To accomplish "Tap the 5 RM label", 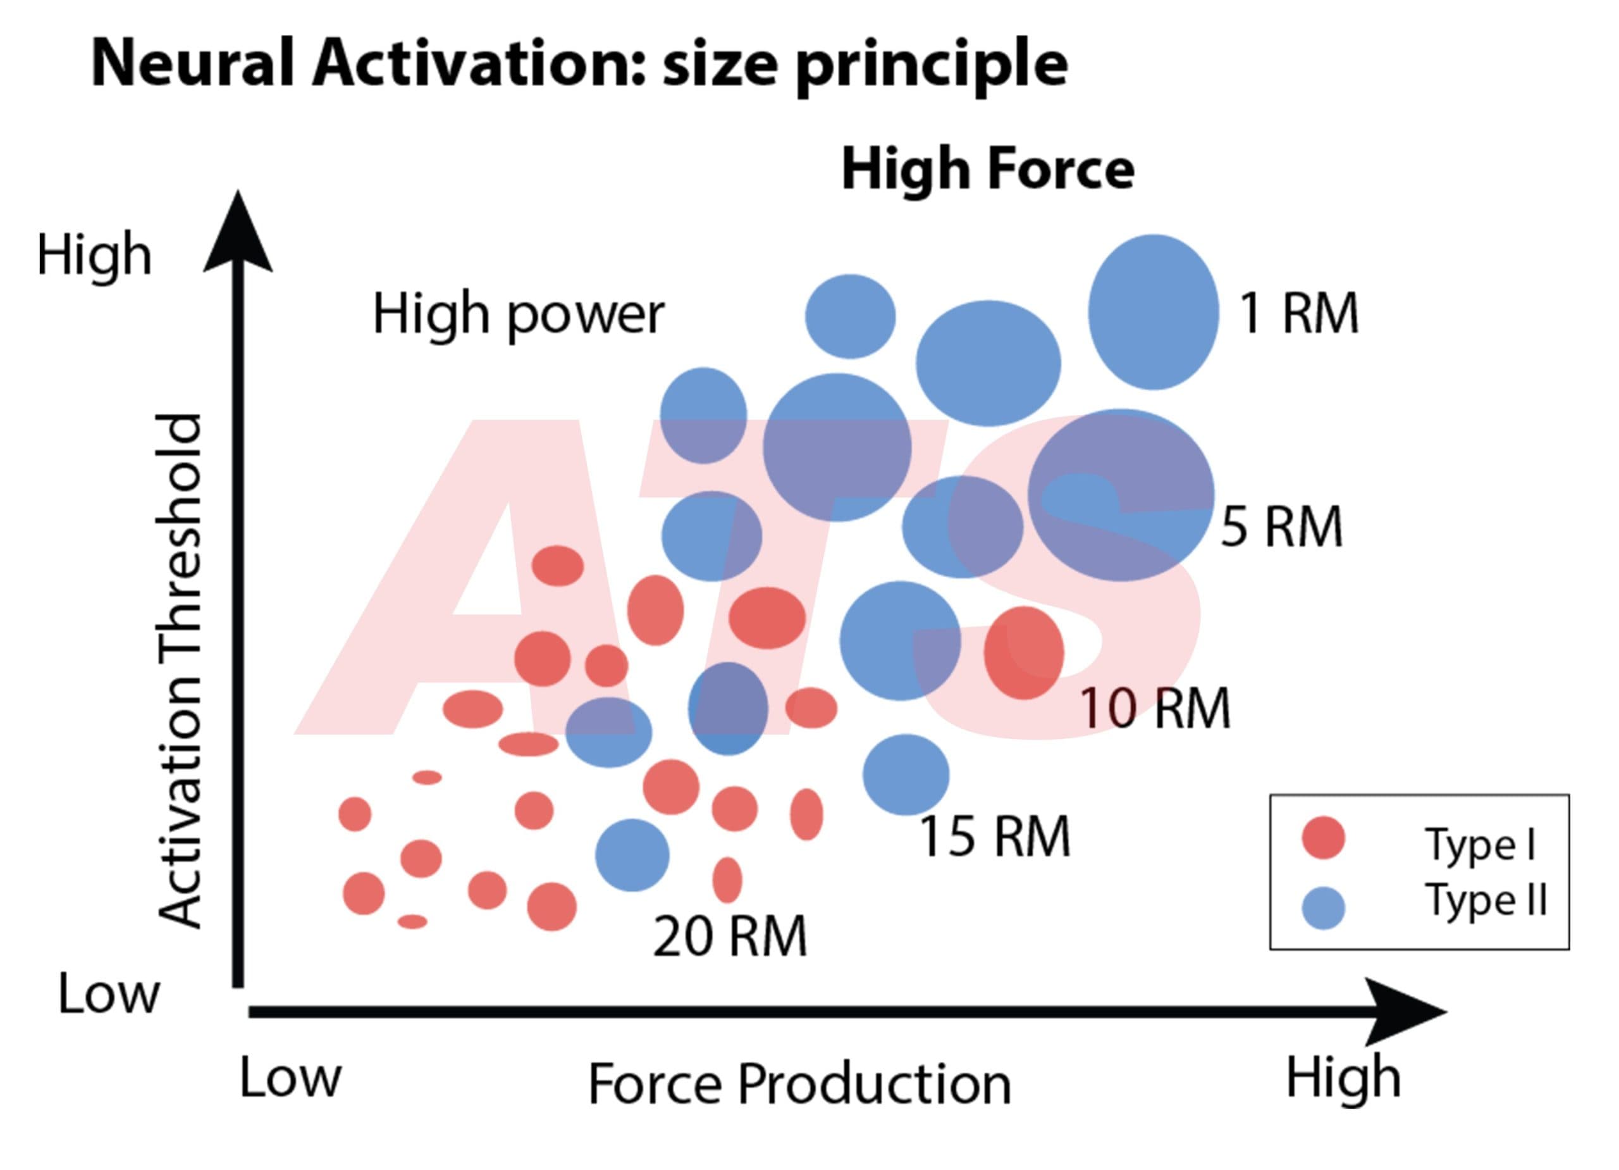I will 1281,527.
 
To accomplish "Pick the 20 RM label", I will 730,936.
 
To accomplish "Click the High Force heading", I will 988,170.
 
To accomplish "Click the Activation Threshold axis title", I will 178,671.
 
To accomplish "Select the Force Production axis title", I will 799,1083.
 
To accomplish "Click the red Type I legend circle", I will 1324,837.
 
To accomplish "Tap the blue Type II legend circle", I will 1324,908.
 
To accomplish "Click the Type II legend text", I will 1486,899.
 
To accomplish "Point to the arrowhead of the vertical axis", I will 238,232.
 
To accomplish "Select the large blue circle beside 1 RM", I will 1153,311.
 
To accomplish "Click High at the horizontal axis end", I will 1343,1077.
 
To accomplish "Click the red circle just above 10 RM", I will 1024,652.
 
